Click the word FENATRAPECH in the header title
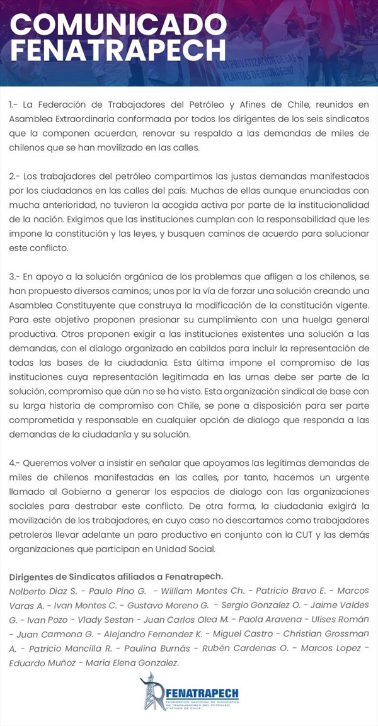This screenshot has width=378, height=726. coord(118,50)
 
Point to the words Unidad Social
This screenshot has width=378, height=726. coord(186,548)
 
